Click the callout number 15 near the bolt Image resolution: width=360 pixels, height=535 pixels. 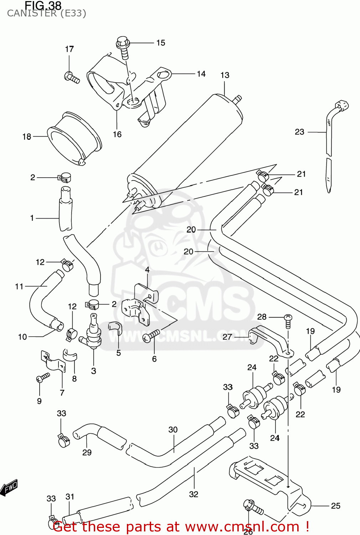[x=161, y=43]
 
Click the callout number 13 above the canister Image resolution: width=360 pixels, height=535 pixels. [x=225, y=75]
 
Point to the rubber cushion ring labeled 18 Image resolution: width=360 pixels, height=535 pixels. [x=74, y=139]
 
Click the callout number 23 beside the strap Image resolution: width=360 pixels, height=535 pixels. [x=299, y=132]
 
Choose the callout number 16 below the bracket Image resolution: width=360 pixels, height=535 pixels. [x=117, y=134]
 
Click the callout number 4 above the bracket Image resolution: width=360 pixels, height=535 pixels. [x=147, y=270]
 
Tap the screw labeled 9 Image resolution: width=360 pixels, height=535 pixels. [x=43, y=377]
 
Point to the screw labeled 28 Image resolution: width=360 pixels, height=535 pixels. [x=288, y=319]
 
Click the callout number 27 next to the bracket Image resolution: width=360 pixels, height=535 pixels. [x=227, y=337]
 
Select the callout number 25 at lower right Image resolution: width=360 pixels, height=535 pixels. [x=335, y=506]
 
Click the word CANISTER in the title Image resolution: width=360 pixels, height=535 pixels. [x=32, y=14]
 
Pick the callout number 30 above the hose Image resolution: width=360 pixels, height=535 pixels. [x=173, y=430]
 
